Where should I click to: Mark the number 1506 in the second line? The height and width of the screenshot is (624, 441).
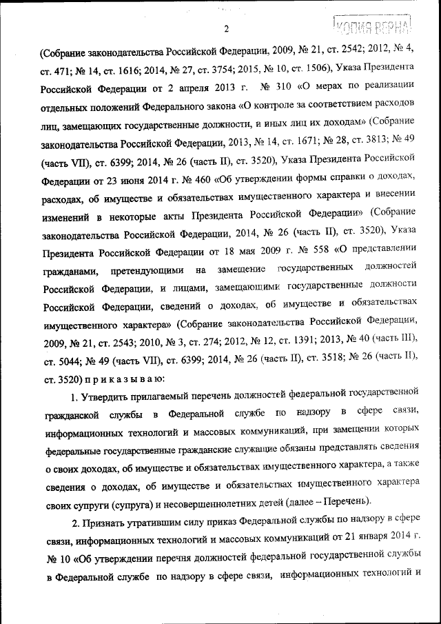pos(314,68)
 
